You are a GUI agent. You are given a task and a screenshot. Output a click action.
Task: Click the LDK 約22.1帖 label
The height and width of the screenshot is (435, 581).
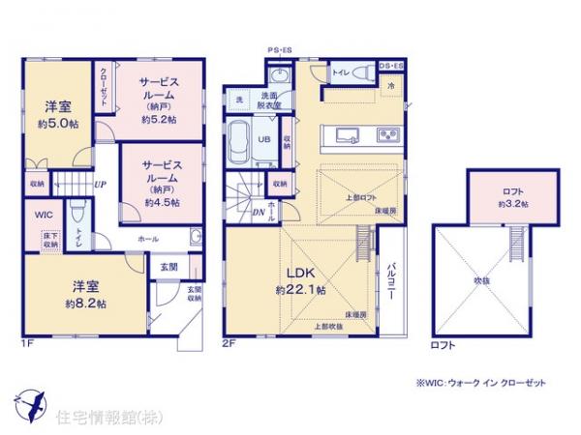click(300, 280)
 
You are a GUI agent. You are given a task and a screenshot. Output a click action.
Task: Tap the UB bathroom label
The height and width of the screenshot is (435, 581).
click(261, 140)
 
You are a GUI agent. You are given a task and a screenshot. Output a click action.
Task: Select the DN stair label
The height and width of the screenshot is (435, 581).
click(259, 215)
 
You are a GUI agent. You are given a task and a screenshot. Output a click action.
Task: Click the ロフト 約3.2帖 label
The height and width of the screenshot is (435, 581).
click(513, 198)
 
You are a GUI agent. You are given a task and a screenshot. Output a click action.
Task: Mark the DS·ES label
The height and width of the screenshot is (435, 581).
click(391, 66)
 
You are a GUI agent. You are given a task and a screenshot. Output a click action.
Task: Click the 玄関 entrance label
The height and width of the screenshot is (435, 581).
click(168, 266)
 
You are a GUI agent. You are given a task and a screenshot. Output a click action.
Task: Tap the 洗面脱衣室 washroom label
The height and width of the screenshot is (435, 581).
click(269, 100)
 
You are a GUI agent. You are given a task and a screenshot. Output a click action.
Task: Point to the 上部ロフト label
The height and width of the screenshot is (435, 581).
click(362, 198)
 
